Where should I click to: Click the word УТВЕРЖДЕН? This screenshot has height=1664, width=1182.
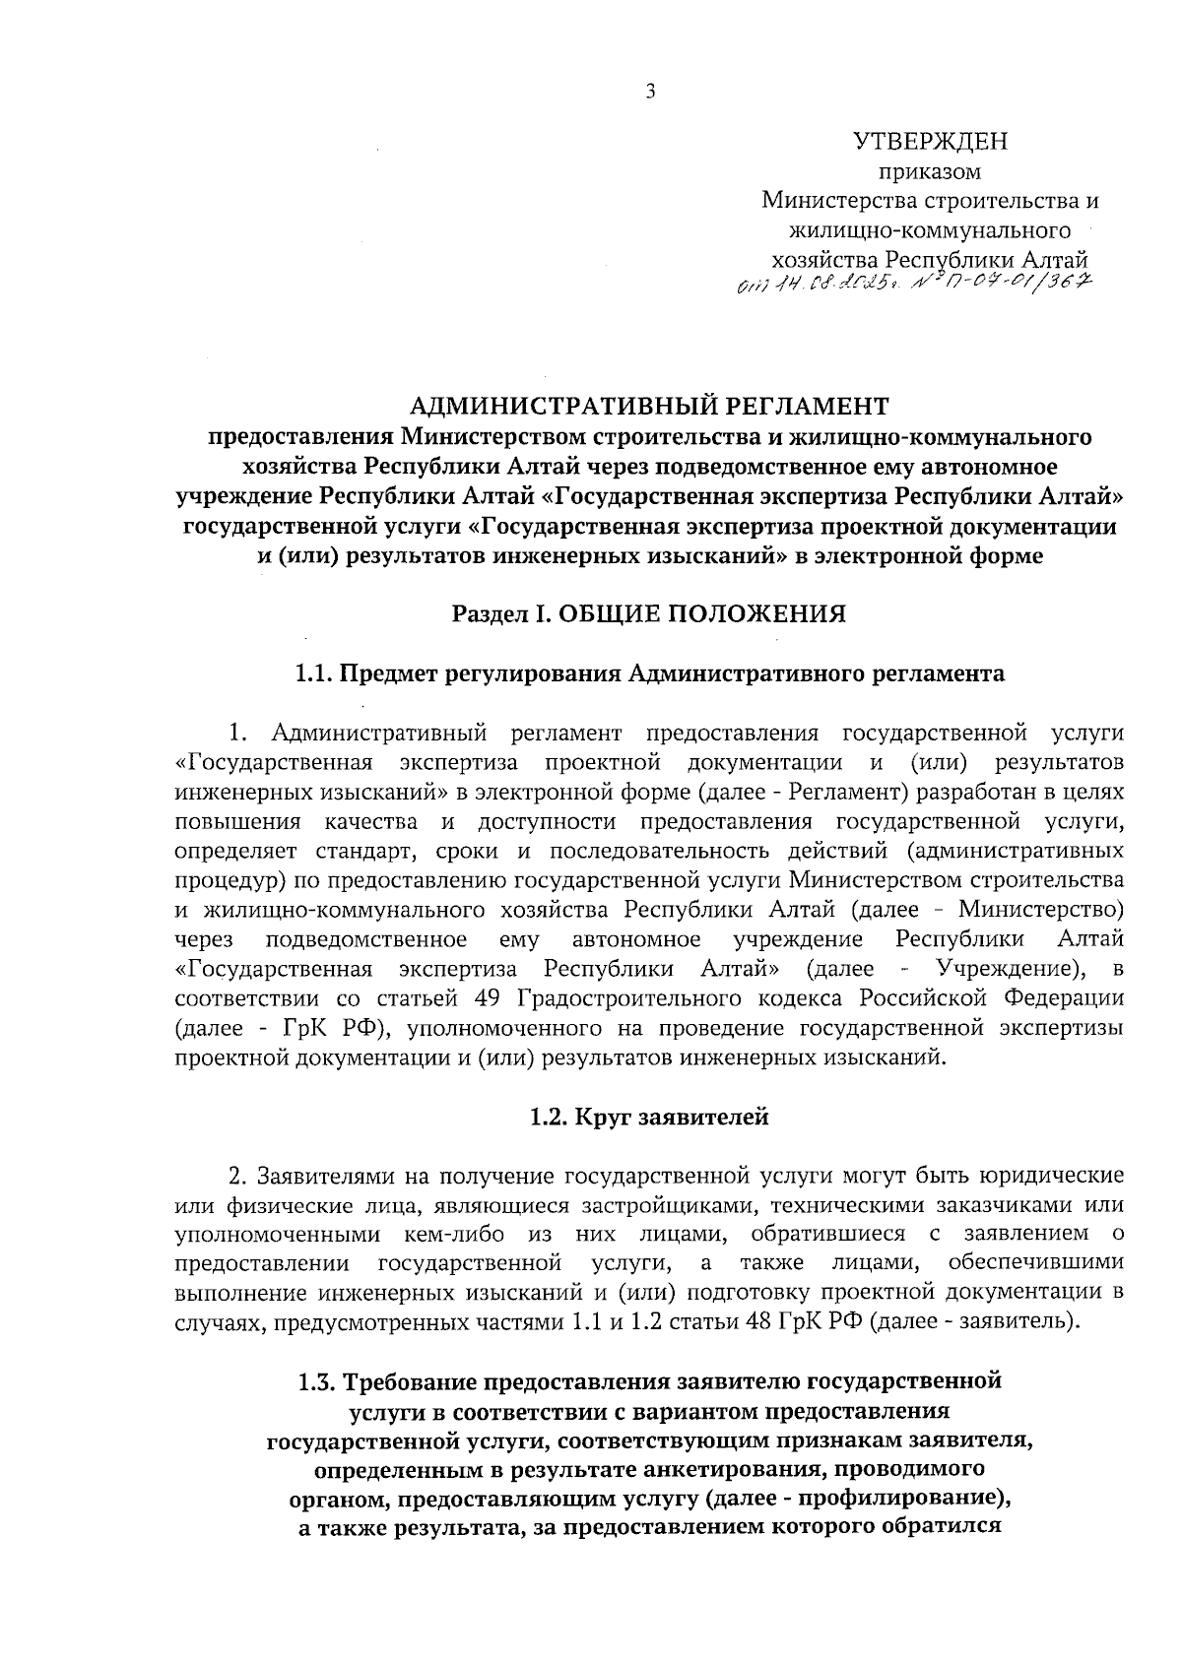930,142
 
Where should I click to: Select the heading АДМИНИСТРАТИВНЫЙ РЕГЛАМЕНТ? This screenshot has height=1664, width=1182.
649,405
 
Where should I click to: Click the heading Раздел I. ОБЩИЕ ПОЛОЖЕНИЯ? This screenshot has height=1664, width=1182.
649,614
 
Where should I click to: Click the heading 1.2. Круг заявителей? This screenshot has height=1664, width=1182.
649,1118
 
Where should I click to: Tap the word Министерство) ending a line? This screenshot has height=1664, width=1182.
1042,908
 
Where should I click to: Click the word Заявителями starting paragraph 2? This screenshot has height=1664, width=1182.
315,1176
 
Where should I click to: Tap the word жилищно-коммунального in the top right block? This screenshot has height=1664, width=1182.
929,231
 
